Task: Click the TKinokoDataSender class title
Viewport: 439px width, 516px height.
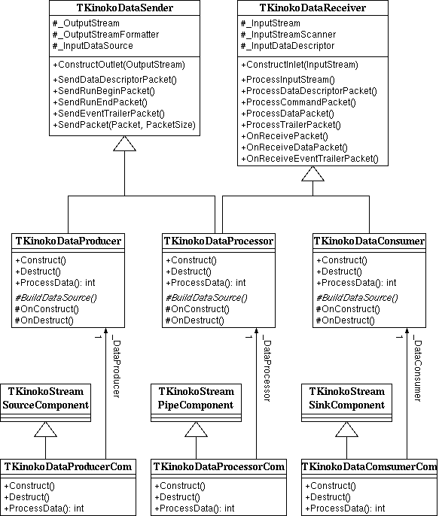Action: coord(124,8)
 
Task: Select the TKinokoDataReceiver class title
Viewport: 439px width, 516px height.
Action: coord(312,8)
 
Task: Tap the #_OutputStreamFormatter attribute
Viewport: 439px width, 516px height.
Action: coord(105,35)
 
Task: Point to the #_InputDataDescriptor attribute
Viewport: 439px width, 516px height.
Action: coord(288,46)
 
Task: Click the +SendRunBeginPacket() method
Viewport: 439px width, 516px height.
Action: coord(104,91)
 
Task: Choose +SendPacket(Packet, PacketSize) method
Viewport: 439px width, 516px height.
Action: coord(124,125)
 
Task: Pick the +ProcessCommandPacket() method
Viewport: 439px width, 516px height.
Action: coord(298,102)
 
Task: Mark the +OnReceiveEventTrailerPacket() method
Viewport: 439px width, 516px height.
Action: coord(309,159)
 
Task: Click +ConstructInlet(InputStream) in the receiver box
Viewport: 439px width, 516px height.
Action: coord(300,65)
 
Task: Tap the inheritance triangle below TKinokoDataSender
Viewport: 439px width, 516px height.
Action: coord(124,144)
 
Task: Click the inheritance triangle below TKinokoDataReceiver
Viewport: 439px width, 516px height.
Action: coord(312,174)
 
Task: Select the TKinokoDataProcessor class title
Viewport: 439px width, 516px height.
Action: coord(218,241)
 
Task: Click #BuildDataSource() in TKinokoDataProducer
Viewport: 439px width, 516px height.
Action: coord(56,298)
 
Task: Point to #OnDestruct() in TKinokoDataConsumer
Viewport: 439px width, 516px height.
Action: coord(345,320)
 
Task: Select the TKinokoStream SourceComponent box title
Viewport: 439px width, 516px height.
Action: coord(45,398)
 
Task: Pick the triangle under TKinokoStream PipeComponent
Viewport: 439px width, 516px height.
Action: coord(196,429)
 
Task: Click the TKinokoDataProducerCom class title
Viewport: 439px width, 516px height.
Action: coord(68,466)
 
